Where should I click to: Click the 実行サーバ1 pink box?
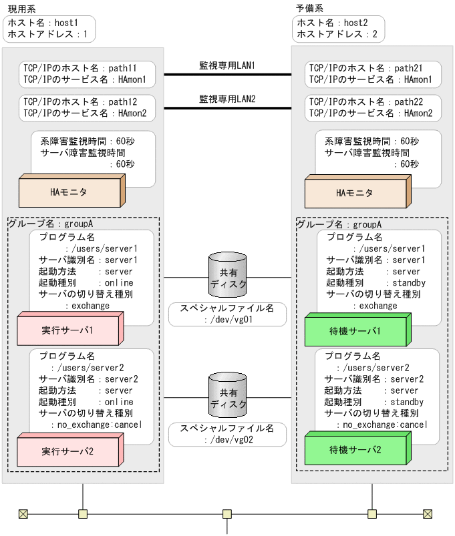point(67,330)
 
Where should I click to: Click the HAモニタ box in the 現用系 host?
point(70,192)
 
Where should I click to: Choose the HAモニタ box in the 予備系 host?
point(355,193)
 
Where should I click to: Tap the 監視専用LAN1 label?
point(227,65)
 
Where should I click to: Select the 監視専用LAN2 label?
point(227,99)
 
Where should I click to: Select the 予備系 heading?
point(309,8)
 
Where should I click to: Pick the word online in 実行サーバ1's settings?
point(120,283)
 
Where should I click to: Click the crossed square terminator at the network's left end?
point(23,514)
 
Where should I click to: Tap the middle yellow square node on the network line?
point(227,514)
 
